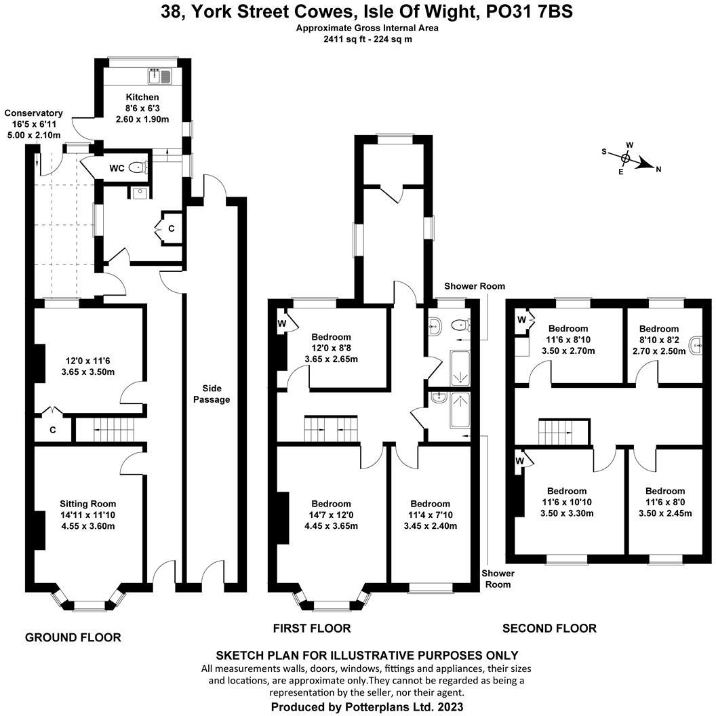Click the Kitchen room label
(142, 98)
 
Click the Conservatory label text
(34, 113)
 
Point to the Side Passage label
(212, 394)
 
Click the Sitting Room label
(87, 504)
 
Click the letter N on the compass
(658, 170)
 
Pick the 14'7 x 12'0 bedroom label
(331, 504)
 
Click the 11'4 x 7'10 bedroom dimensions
(430, 515)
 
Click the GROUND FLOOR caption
(73, 637)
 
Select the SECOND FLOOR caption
(549, 629)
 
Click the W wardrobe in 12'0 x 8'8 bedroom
(282, 323)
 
